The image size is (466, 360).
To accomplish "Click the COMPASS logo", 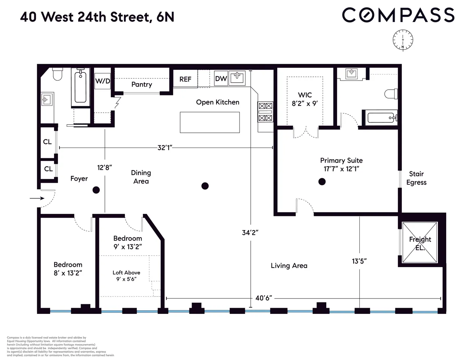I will [398, 15].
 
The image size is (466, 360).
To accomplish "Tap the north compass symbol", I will [403, 40].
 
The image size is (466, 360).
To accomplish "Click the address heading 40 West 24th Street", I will [97, 17].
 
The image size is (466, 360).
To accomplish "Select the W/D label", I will [102, 81].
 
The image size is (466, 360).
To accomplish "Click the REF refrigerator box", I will [185, 79].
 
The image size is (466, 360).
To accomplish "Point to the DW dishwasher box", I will [221, 78].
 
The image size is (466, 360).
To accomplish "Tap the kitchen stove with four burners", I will [265, 112].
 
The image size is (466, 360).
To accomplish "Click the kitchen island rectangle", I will [210, 122].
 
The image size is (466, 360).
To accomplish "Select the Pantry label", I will [142, 84].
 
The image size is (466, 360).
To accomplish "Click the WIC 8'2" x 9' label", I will [305, 99].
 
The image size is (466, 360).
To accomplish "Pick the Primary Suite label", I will [341, 165].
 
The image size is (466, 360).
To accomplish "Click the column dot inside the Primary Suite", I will [322, 182].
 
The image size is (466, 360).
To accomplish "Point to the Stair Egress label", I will [416, 178].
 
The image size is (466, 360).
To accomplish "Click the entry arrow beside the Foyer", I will [37, 198].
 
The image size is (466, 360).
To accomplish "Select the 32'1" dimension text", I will [165, 148].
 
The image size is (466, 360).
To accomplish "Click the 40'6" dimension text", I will [263, 298].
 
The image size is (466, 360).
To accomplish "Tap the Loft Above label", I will [126, 276].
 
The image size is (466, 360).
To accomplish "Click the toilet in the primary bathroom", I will [391, 94].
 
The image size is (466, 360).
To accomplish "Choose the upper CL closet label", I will [47, 142].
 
